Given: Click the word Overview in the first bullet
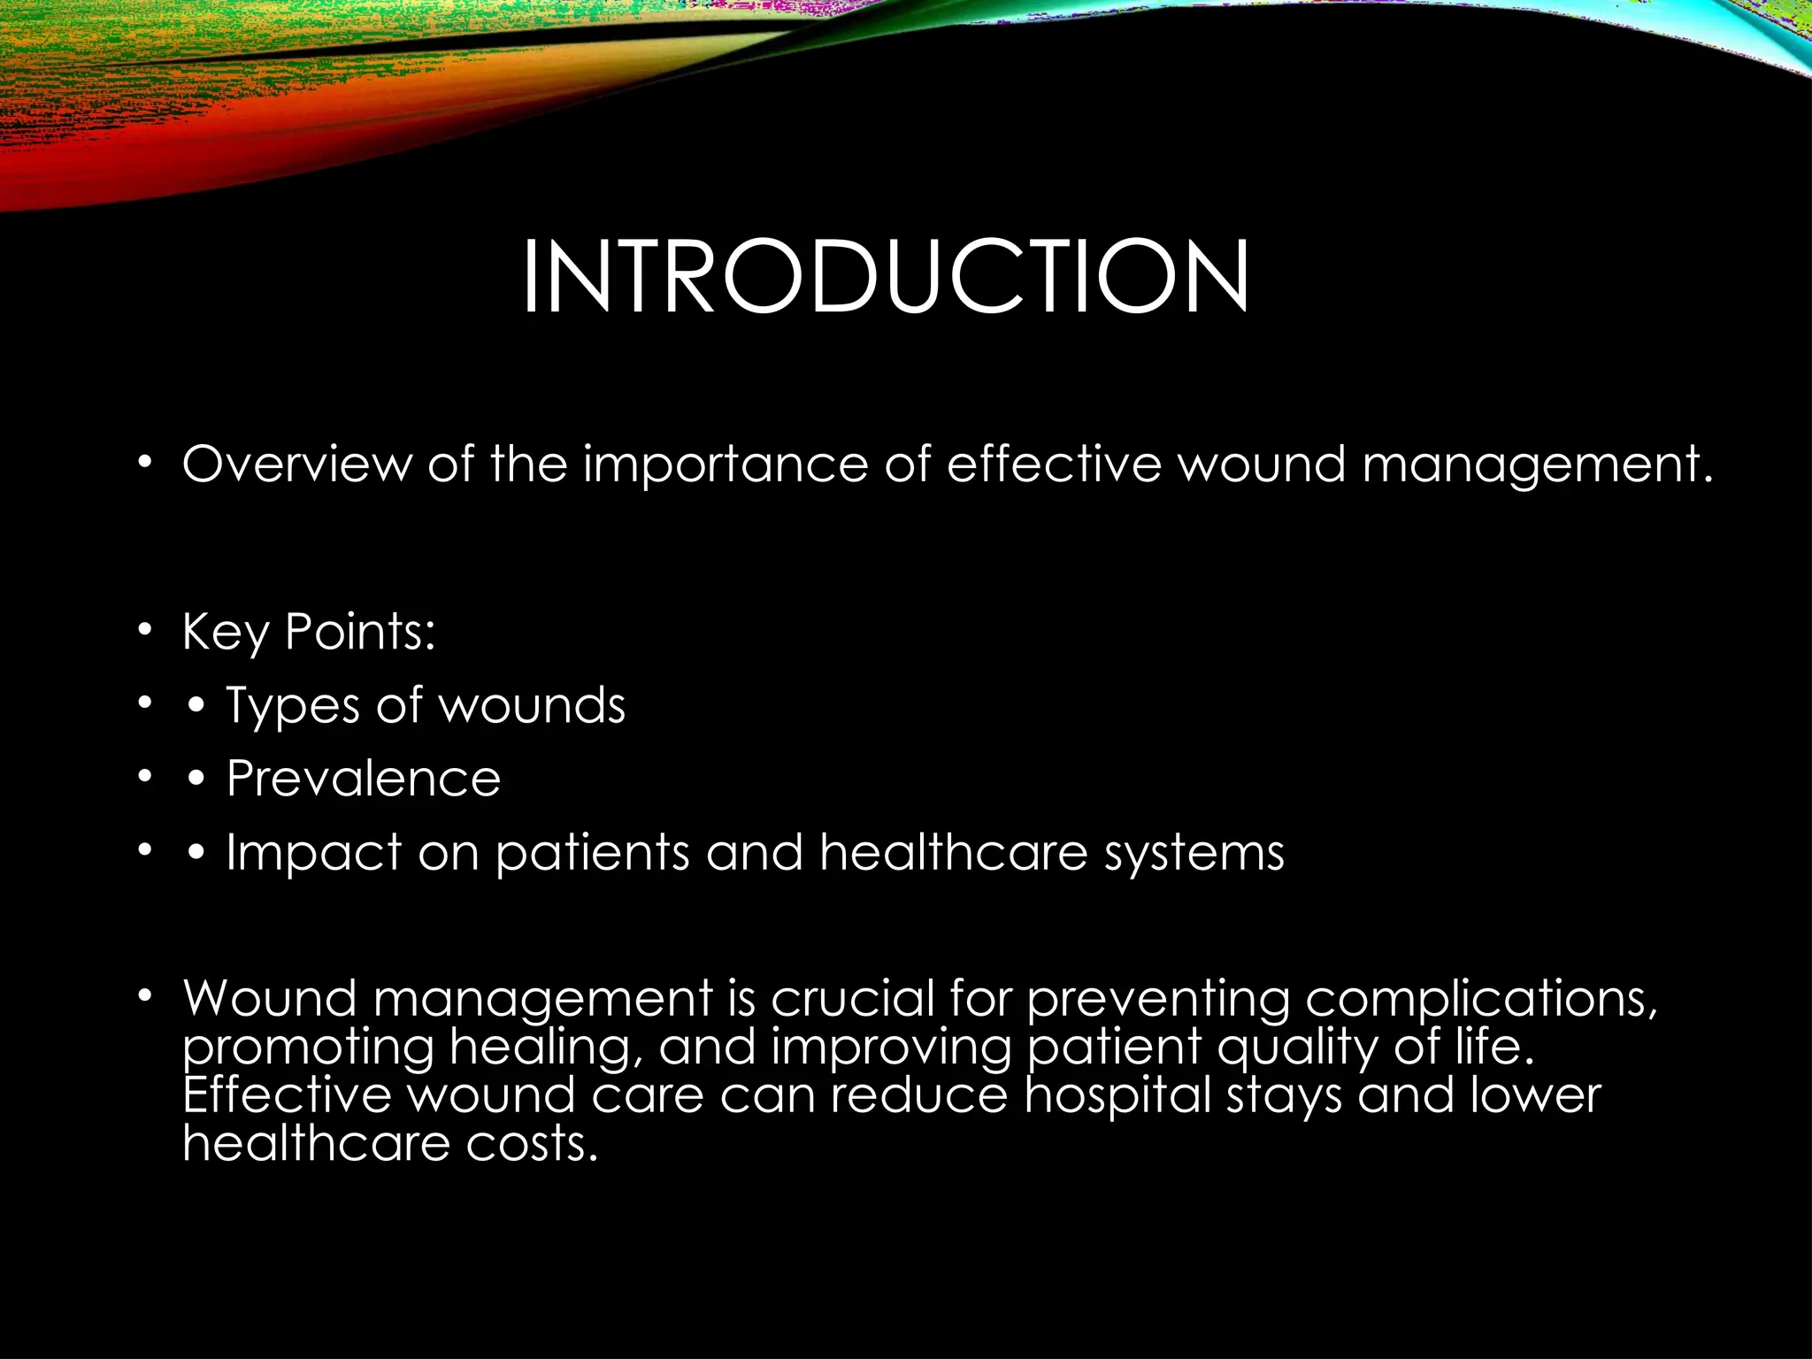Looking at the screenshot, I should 296,464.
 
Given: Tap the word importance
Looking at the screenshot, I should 725,465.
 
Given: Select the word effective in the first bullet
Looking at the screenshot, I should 1053,464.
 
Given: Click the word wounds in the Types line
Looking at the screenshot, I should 532,706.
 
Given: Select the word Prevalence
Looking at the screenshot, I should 363,779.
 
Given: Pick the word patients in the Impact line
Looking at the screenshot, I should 591,854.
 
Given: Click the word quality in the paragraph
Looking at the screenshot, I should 1297,1048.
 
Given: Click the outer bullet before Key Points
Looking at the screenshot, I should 145,631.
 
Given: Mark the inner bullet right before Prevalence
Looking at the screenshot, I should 196,779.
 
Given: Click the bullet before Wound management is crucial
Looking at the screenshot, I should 145,996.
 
